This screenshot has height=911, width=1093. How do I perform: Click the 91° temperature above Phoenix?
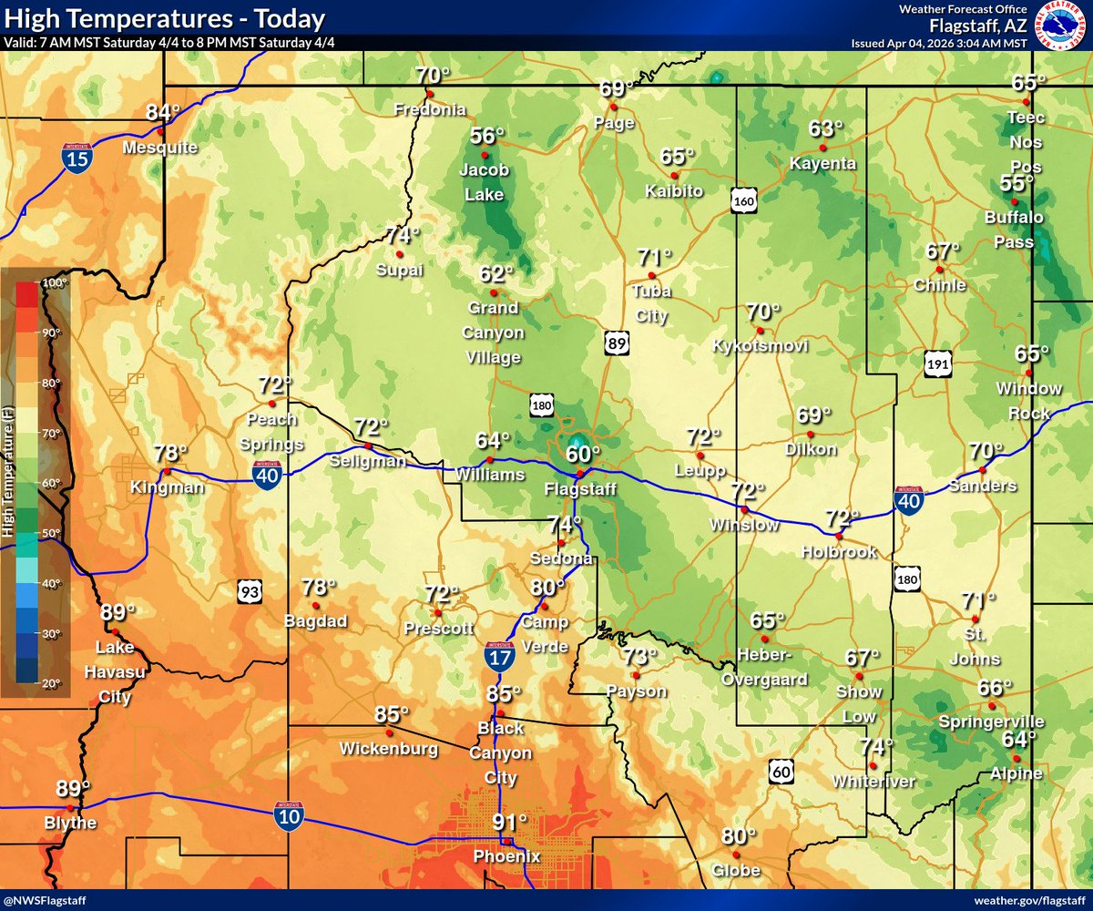pos(510,823)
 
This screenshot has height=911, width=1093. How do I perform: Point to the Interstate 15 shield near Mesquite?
pos(77,158)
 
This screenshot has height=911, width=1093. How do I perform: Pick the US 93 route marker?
pos(250,592)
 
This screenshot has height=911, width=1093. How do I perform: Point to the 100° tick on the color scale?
pos(50,283)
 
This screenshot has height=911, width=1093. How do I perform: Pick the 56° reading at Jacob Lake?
pos(486,137)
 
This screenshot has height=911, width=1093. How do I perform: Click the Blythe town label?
pos(70,824)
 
